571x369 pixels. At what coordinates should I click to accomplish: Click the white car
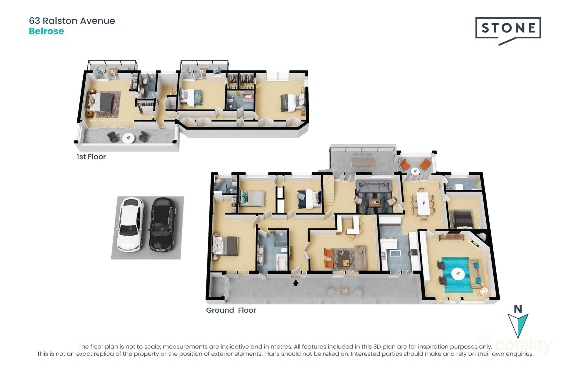130,224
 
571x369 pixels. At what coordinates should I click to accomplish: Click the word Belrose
46,31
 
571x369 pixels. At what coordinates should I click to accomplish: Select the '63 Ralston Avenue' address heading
72,21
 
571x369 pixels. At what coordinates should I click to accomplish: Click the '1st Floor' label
91,157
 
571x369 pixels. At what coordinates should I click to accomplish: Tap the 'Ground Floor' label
231,310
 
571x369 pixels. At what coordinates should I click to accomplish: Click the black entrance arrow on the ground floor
296,283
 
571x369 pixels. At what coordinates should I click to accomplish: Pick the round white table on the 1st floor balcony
128,138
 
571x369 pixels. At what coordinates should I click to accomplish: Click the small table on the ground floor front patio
345,290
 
